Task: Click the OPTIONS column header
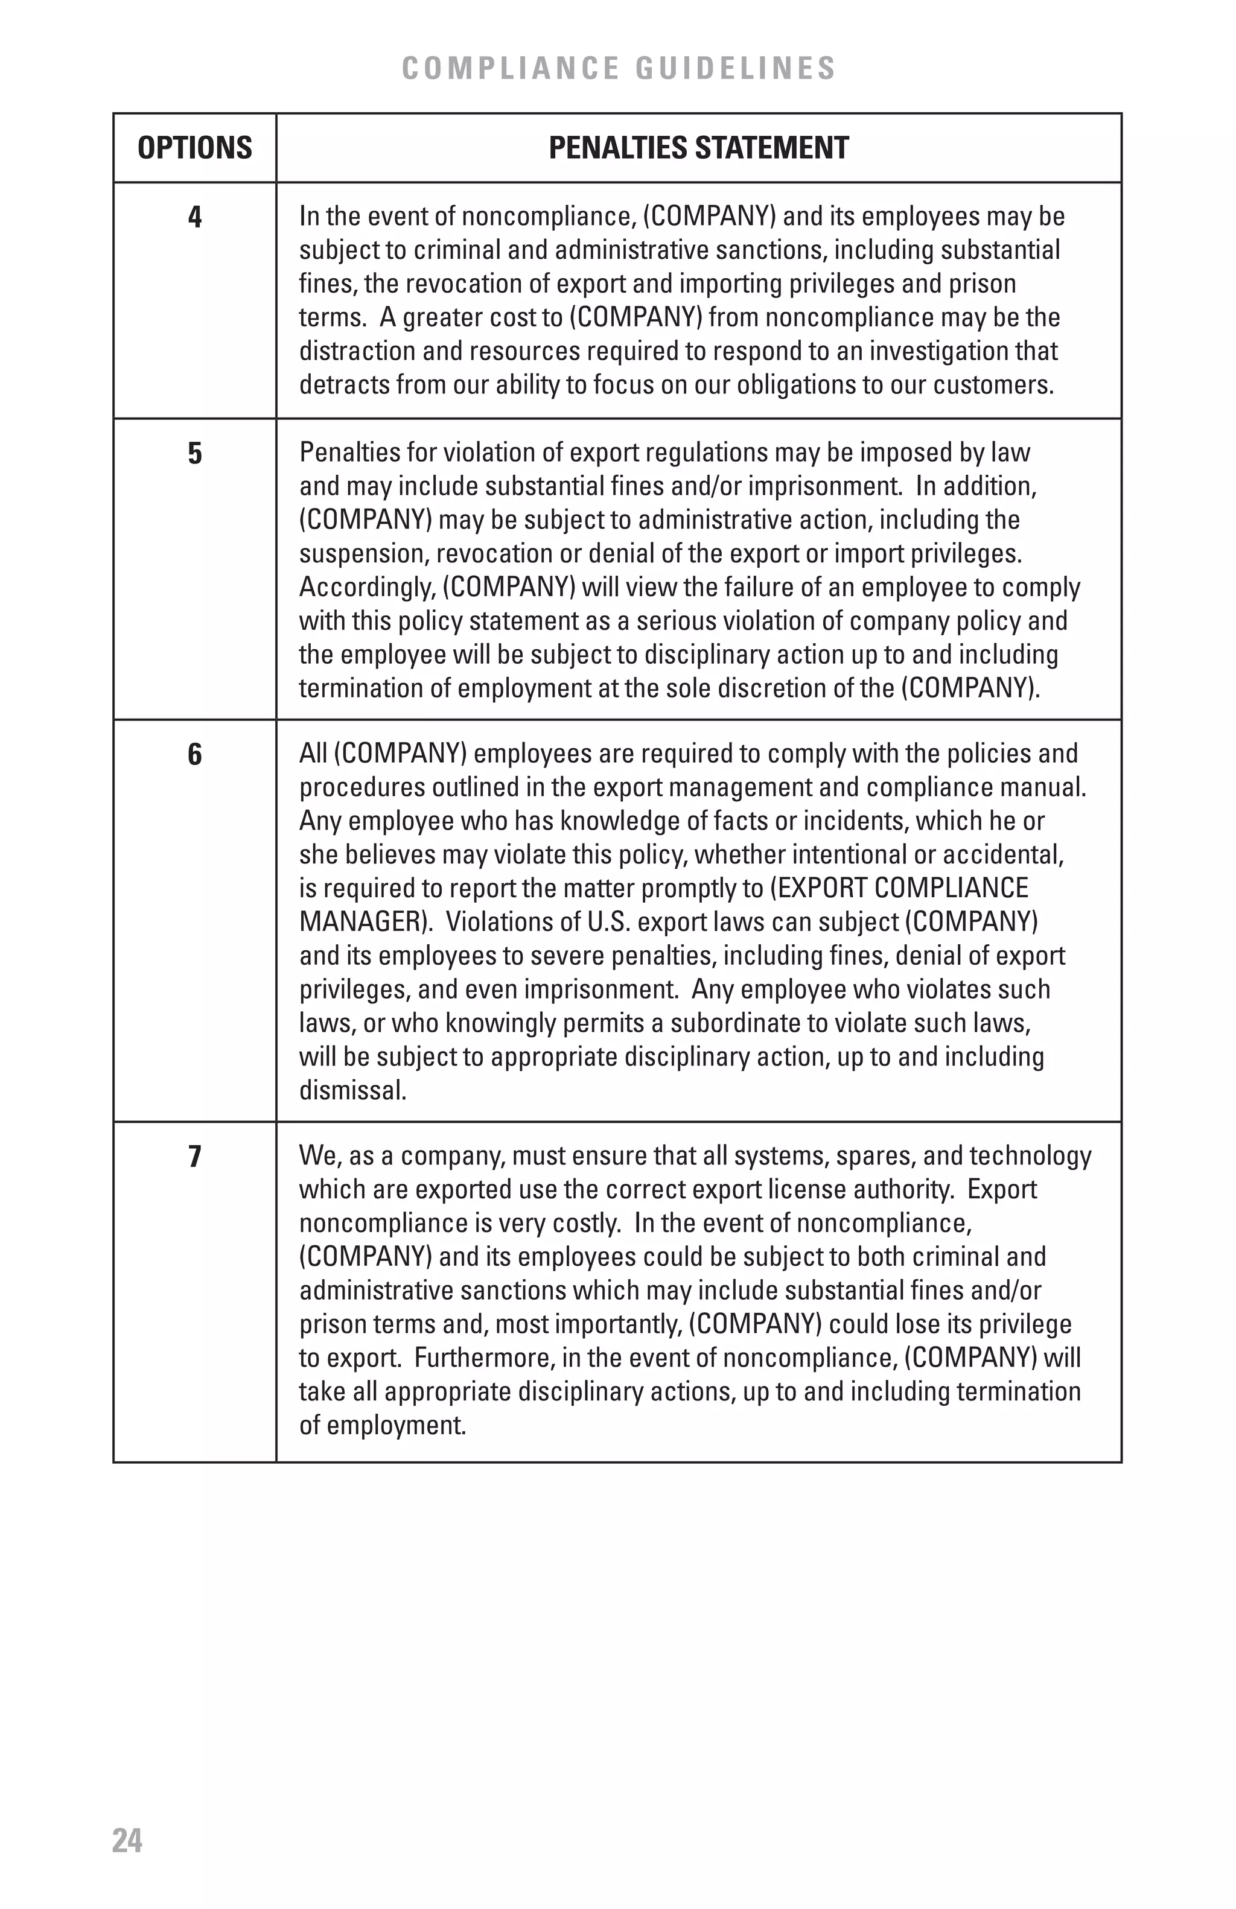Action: [194, 148]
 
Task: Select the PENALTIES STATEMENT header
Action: [698, 148]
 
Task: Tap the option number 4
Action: [195, 217]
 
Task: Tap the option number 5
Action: [195, 454]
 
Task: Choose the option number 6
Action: [195, 755]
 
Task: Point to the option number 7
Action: [195, 1157]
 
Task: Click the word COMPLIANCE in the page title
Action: [510, 69]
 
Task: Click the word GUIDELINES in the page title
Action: [736, 69]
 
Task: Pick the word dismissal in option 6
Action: [352, 1091]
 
